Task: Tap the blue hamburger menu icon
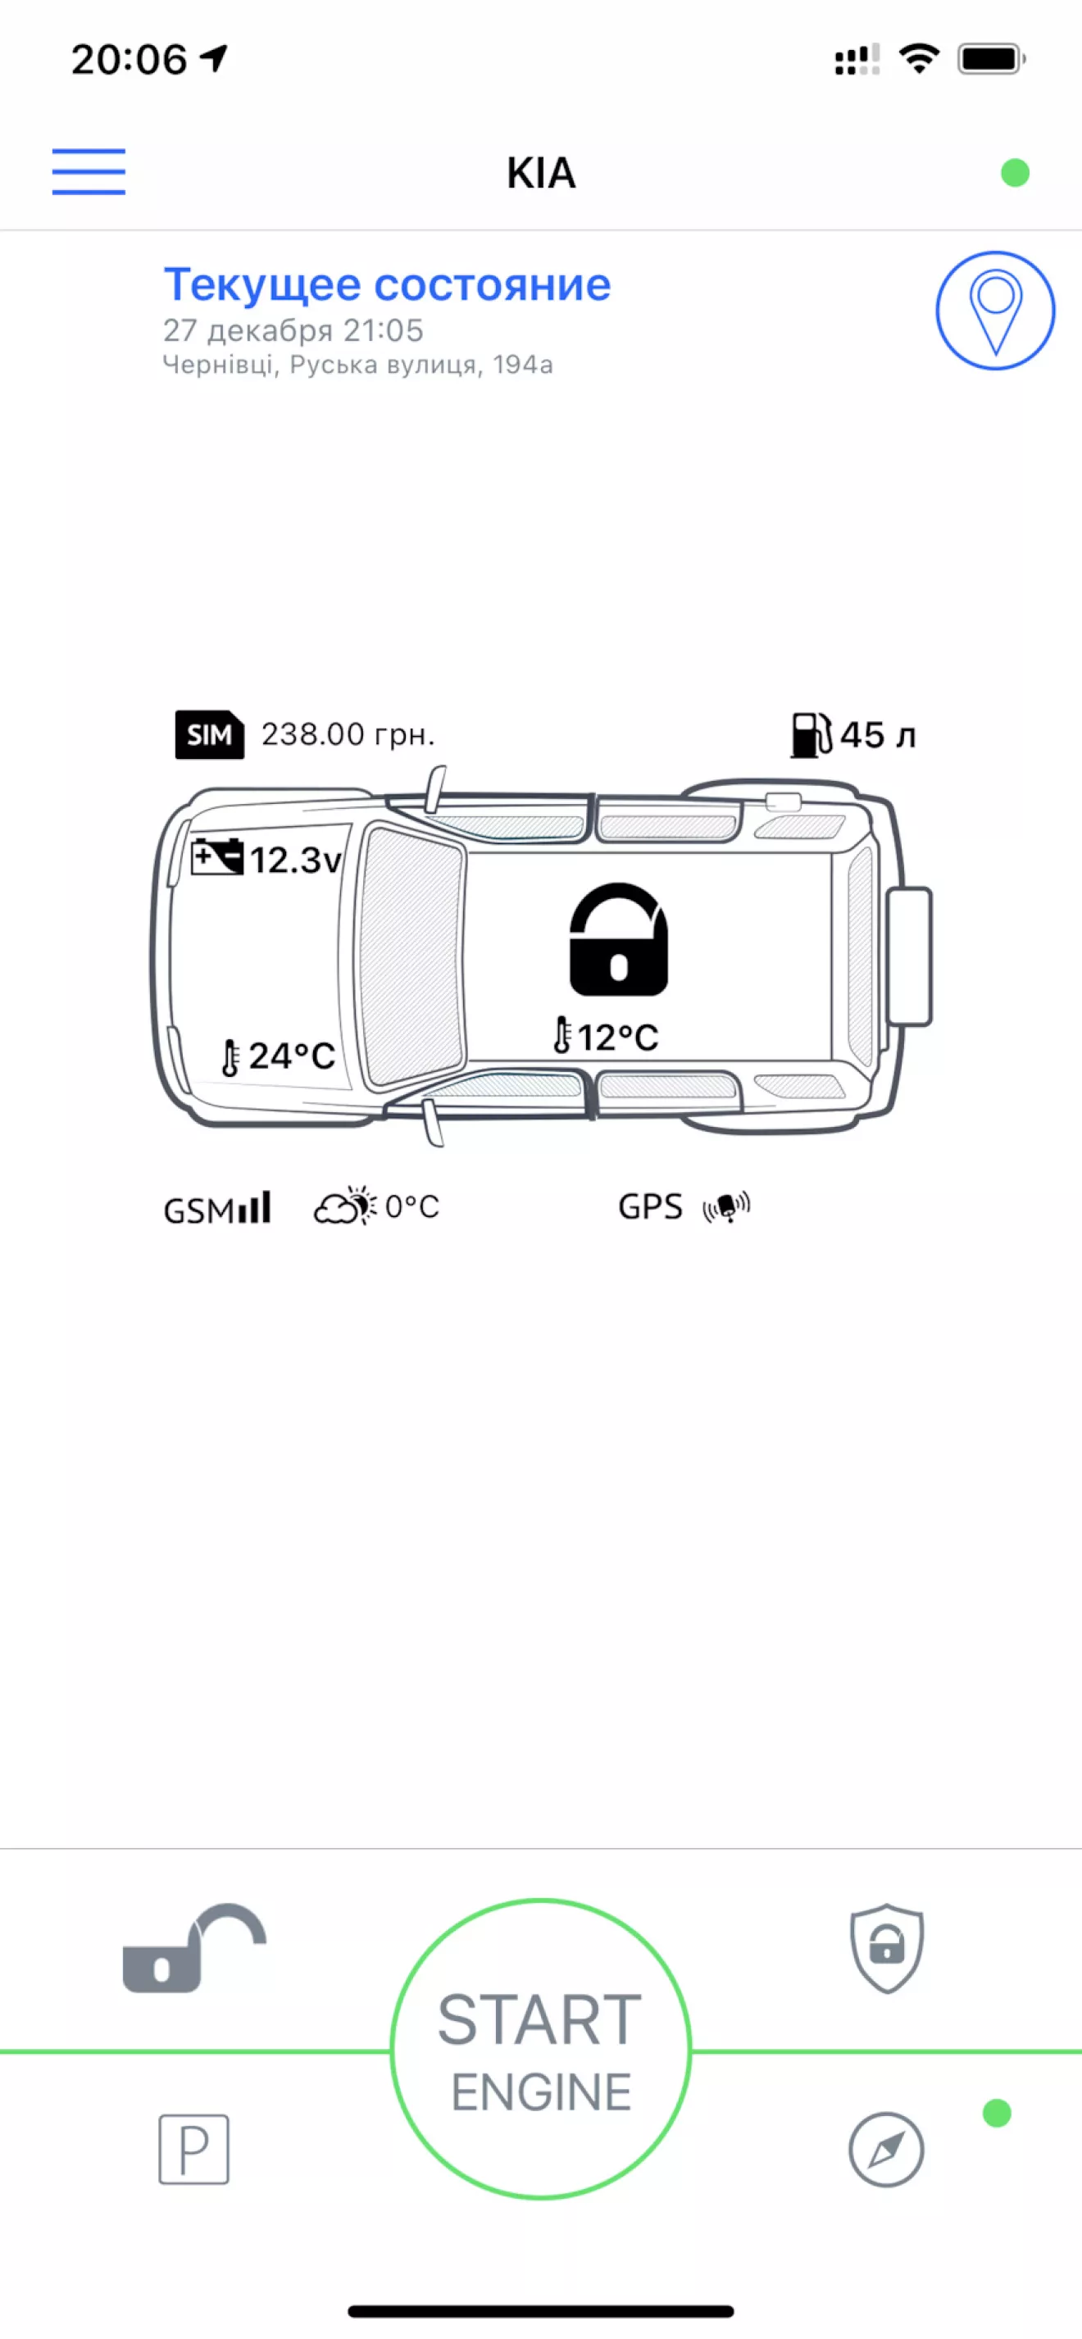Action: click(89, 171)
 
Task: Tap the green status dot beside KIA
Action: click(1015, 173)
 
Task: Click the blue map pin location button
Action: click(995, 311)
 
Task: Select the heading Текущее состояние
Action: click(387, 285)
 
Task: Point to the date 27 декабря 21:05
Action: click(293, 330)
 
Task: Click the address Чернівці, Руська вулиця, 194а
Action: click(358, 365)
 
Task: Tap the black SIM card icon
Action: click(210, 733)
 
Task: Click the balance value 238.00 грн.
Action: click(348, 733)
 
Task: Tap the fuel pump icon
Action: click(811, 733)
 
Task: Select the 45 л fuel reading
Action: click(878, 734)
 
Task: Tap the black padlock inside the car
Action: click(619, 940)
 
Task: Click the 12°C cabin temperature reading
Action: click(618, 1037)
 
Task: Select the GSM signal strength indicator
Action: click(217, 1209)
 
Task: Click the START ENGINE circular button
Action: click(540, 2050)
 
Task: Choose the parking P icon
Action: click(193, 2149)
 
